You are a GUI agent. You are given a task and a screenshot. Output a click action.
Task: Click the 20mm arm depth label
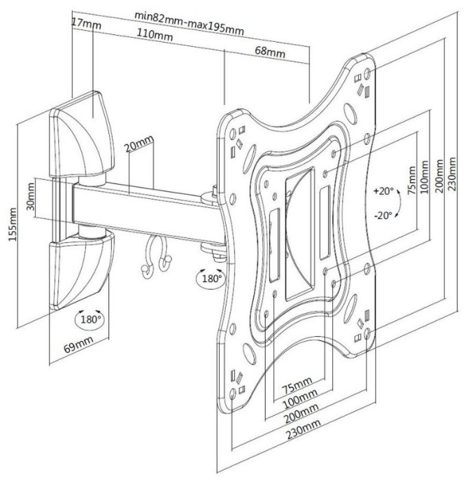(140, 146)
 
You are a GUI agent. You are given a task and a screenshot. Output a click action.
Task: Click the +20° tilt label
(384, 190)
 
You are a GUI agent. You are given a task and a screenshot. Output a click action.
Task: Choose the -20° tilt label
(384, 215)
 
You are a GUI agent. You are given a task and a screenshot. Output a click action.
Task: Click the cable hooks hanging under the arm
(154, 259)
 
